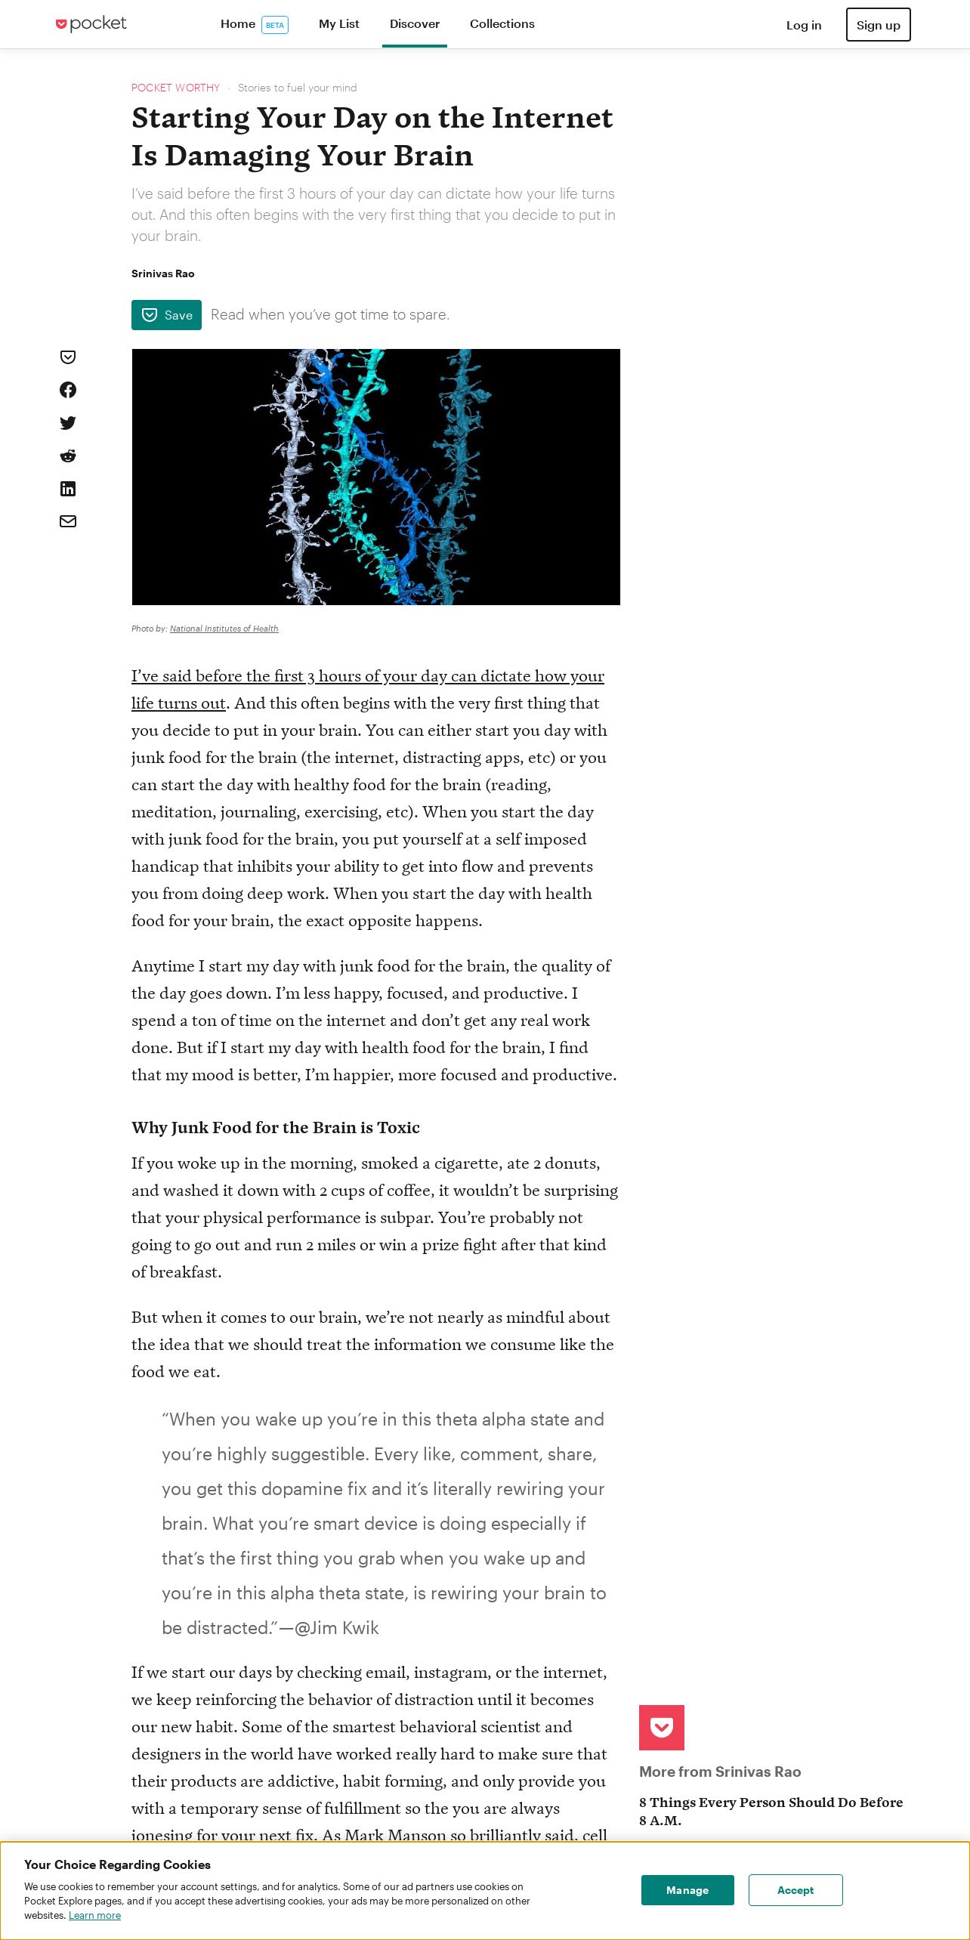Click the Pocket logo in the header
91,24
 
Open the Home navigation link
237,24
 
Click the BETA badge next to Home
275,25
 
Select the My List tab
338,24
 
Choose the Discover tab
414,24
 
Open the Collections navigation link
502,24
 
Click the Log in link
803,25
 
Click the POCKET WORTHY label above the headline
175,88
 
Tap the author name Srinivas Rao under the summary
162,273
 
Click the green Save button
166,315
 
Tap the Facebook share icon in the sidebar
68,390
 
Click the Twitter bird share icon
68,423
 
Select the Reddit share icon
68,456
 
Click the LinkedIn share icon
68,489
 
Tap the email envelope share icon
68,521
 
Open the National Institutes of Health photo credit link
224,629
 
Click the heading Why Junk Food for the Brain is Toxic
275,1128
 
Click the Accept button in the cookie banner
795,1890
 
